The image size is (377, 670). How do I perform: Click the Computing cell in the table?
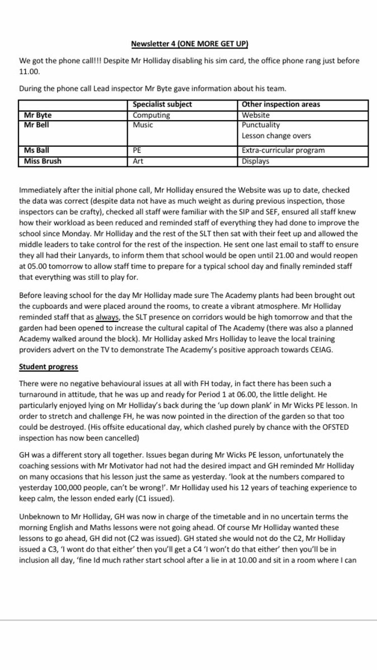[151, 116]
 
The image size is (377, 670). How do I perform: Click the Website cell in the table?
[256, 116]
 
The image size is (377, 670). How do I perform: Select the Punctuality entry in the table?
[261, 125]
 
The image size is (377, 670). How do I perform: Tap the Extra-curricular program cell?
[283, 151]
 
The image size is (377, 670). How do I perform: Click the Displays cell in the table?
[256, 161]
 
